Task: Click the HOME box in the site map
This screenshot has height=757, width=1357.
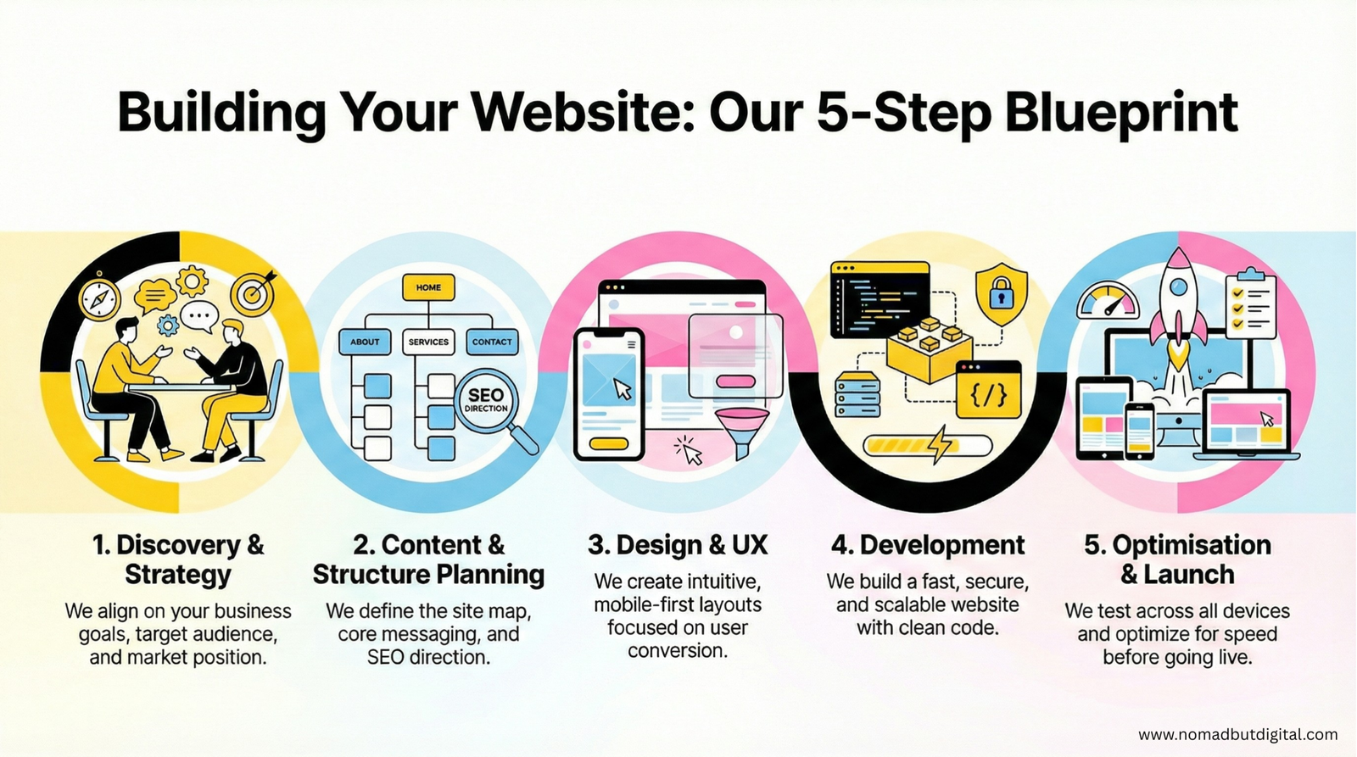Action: point(428,287)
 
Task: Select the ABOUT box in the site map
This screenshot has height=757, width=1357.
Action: point(365,342)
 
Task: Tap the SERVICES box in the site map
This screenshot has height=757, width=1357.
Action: point(428,342)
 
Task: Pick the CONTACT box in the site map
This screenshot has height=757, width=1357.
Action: point(492,342)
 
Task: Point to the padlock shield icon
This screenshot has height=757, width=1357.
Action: point(1001,295)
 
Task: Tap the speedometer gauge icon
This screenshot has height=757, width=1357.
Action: point(1108,300)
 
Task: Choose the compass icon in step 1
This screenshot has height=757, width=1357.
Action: point(100,298)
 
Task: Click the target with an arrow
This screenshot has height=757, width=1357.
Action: point(252,292)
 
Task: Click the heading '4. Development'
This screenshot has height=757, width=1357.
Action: point(928,545)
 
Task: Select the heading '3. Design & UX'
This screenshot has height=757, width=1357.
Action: point(678,545)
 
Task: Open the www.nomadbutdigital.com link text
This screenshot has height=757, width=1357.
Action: point(1237,735)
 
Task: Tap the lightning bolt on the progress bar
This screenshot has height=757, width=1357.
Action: point(941,443)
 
